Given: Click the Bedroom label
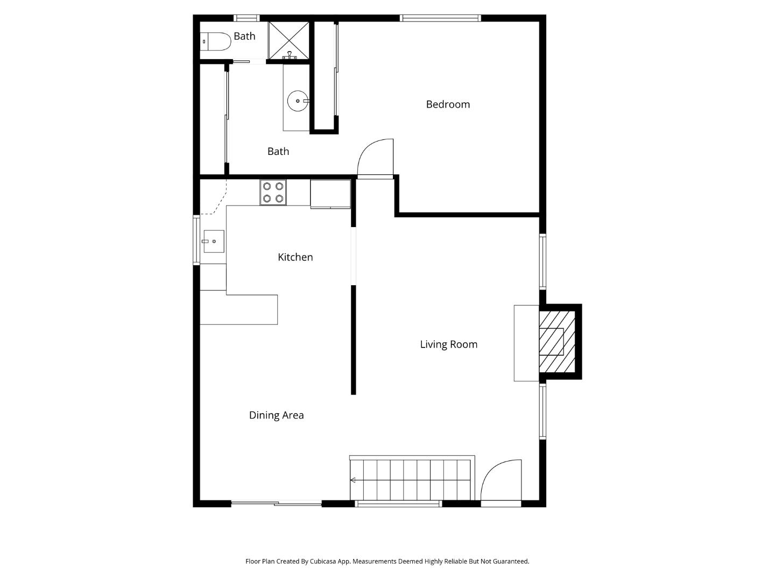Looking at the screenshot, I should click(x=448, y=104).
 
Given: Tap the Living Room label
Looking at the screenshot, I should click(x=448, y=344).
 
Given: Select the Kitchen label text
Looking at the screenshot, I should click(x=295, y=257).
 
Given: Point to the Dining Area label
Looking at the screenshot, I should click(x=276, y=415).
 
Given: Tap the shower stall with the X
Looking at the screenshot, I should click(x=289, y=40).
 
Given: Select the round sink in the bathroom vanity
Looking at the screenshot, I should click(x=297, y=101).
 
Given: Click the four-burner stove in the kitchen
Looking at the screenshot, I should click(x=273, y=193).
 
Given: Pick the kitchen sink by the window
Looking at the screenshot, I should click(x=213, y=242).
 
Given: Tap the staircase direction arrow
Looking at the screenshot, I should click(x=353, y=480).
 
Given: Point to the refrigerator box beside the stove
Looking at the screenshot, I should click(x=330, y=193).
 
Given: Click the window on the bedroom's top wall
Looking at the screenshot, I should click(x=440, y=18).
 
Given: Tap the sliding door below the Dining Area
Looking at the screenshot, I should click(x=277, y=504).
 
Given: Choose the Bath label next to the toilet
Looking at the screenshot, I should click(x=244, y=36).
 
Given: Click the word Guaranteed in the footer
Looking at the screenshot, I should click(x=510, y=561).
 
